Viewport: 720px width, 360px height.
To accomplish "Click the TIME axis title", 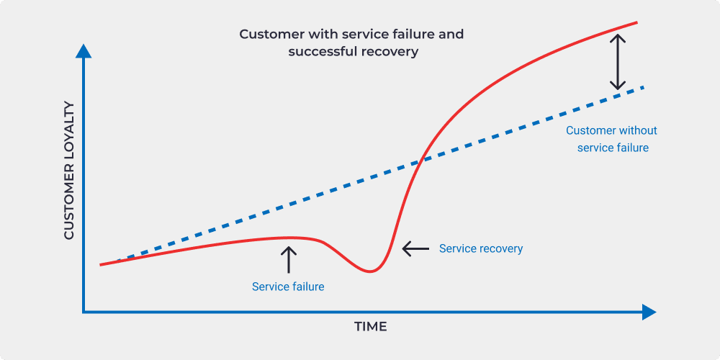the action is pos(370,326).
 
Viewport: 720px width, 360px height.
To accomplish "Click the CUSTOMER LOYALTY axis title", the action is pos(68,171).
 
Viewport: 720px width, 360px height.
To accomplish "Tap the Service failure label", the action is pos(288,287).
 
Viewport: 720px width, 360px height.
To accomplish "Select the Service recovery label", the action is pos(481,248).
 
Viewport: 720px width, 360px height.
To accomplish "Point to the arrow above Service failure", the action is pos(289,259).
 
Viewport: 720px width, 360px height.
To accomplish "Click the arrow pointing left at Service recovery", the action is pos(415,248).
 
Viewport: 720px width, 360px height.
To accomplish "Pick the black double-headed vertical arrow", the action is pos(618,62).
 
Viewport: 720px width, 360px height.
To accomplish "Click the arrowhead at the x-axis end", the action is pos(649,312).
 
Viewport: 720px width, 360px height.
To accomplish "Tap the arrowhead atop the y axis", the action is pos(83,51).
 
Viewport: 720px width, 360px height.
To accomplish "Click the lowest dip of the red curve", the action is pos(369,271).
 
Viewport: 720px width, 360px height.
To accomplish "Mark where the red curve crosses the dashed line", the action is pos(419,161).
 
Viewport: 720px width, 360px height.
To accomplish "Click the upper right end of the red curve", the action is pos(637,22).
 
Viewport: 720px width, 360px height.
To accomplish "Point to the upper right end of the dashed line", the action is pos(644,87).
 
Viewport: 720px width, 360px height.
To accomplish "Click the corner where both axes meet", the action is pos(84,312).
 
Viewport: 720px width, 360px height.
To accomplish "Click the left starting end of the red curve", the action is pos(101,265).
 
